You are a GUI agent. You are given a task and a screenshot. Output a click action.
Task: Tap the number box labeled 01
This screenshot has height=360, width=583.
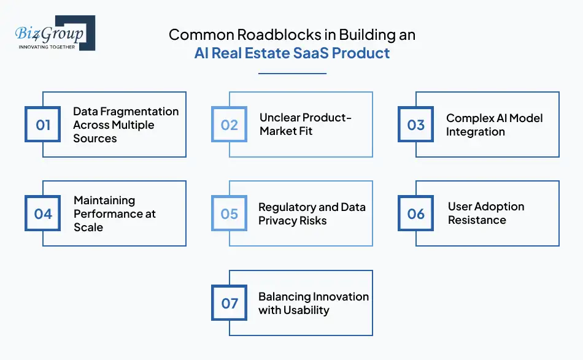tap(43, 125)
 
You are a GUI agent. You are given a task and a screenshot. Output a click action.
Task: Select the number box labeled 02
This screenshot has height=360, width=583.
tap(230, 125)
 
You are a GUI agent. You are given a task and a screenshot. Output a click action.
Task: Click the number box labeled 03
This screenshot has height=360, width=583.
tap(416, 125)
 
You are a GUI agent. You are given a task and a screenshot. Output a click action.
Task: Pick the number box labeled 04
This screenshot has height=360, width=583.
tap(43, 214)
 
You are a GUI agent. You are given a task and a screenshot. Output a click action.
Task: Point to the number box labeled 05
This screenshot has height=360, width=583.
tap(230, 214)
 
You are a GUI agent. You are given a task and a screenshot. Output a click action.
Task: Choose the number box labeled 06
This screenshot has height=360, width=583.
tap(416, 214)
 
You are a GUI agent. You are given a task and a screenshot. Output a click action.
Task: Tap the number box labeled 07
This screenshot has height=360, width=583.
tap(230, 303)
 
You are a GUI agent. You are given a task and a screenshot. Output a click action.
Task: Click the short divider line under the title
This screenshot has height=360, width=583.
tap(291, 74)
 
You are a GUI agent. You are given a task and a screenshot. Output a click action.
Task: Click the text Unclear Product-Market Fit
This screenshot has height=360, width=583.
tap(305, 124)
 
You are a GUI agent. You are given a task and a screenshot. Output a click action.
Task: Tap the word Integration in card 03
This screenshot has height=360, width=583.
tap(476, 132)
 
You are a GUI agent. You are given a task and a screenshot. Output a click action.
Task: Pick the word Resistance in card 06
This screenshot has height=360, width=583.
tap(477, 220)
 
